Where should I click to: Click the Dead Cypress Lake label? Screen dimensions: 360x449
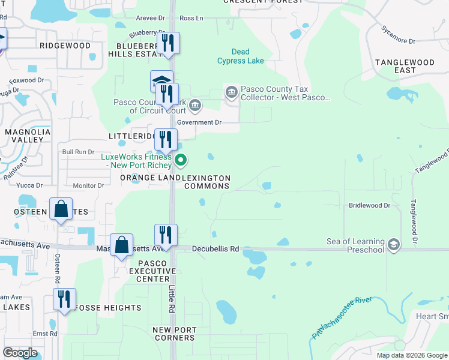240,56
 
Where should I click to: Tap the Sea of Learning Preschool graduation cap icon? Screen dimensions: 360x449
394,245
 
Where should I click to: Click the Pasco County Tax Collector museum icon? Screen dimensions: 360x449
231,92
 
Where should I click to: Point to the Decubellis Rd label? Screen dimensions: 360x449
215,248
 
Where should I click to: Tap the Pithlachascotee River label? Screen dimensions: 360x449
342,317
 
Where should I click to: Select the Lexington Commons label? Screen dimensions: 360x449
206,182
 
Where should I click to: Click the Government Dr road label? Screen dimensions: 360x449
199,122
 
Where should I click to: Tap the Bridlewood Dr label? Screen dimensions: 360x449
369,205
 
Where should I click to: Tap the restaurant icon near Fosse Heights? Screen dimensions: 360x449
64,299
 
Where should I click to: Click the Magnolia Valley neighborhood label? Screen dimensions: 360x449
24,135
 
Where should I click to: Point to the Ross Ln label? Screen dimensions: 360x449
191,19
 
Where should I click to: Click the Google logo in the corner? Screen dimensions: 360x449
20,353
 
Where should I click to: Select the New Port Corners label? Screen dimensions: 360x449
174,334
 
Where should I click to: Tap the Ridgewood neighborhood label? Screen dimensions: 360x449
65,46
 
